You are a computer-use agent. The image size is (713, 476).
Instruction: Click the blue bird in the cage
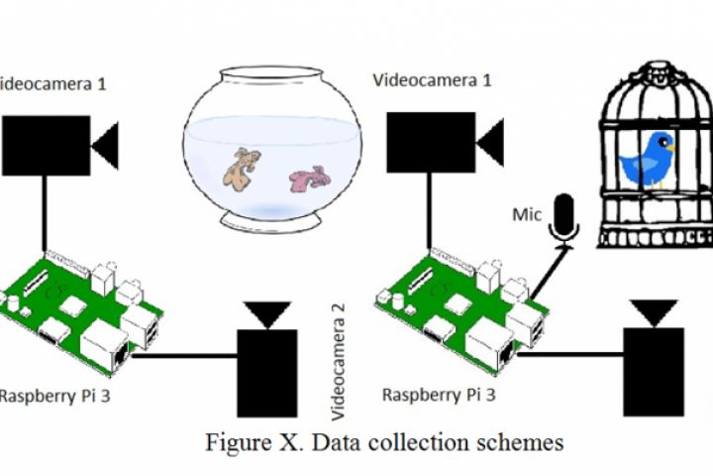[x=649, y=159]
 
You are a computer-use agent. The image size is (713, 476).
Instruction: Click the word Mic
[x=526, y=214]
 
